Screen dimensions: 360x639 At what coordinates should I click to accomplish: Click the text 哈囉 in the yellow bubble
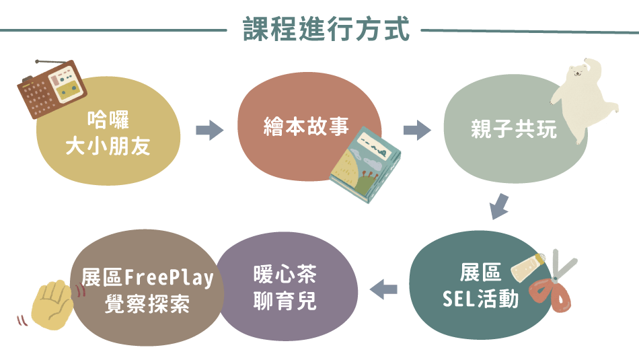(x=108, y=122)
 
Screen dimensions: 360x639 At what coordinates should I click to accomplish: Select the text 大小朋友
(x=108, y=147)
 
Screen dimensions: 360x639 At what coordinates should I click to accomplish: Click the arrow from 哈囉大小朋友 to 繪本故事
(x=209, y=130)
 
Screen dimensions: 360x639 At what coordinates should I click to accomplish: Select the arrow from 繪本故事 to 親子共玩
(x=417, y=130)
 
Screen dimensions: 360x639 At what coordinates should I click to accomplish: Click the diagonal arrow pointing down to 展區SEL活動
(x=499, y=206)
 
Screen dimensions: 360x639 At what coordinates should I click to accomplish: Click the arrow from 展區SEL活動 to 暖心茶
(x=385, y=289)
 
